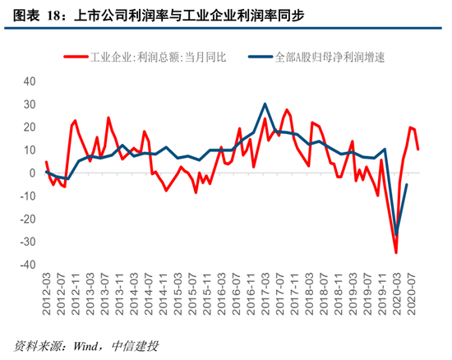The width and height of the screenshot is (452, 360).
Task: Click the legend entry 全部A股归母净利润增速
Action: pyautogui.click(x=329, y=57)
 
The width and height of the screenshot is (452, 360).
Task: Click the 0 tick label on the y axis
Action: pyautogui.click(x=32, y=173)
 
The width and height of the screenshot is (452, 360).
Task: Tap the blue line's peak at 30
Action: pyautogui.click(x=265, y=104)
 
